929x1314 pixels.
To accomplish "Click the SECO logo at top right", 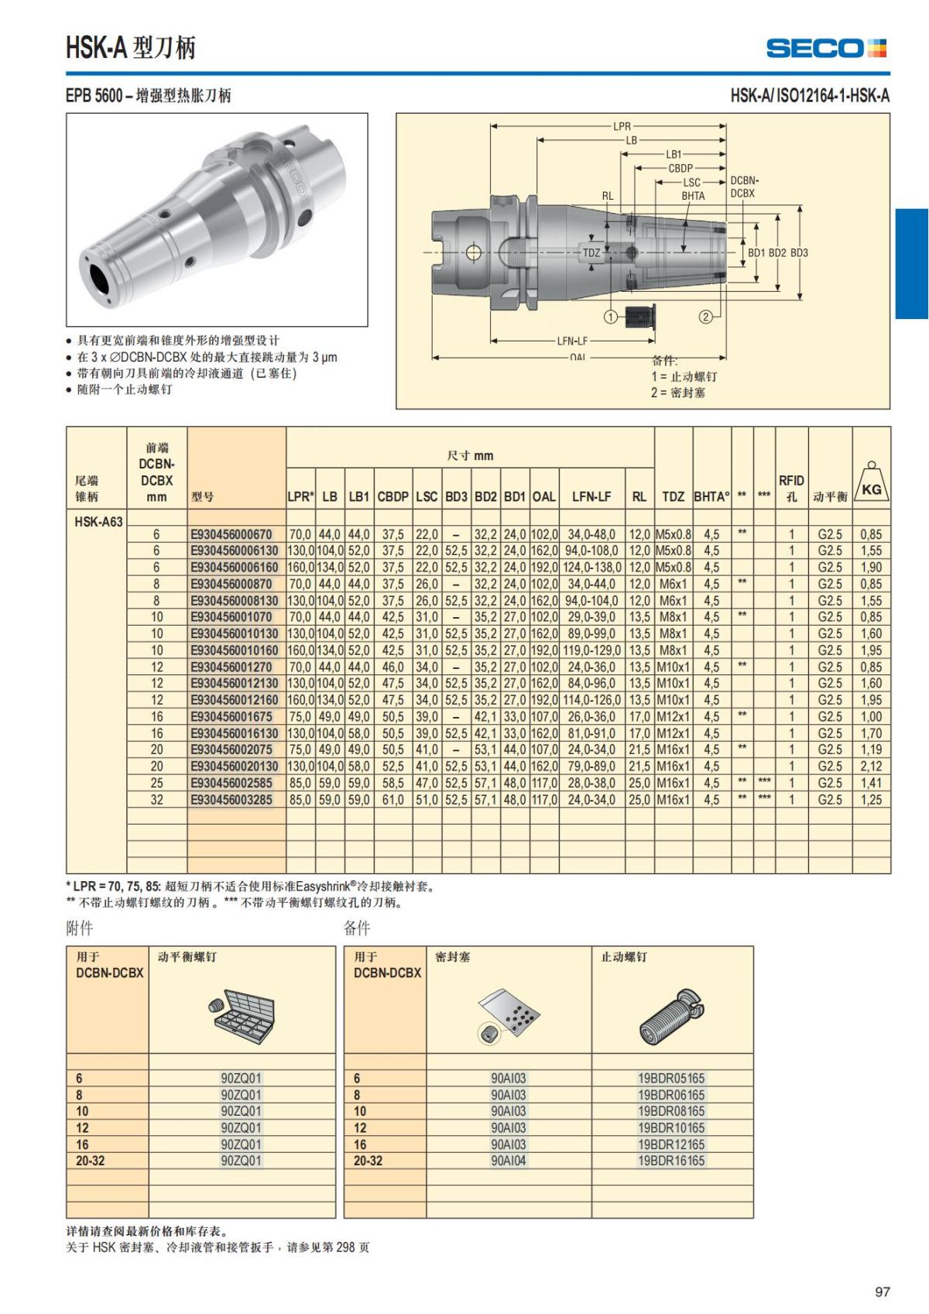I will [826, 48].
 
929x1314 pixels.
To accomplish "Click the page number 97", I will [883, 1292].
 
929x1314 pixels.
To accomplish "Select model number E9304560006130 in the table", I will [234, 551].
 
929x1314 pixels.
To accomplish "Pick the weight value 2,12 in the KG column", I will [871, 766].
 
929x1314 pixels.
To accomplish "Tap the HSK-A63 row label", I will [98, 521].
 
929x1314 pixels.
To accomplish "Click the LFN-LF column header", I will [591, 496].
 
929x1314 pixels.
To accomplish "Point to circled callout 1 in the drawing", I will [610, 317].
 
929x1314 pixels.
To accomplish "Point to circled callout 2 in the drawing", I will [705, 316].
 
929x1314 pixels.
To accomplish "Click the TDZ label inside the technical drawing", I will [591, 252].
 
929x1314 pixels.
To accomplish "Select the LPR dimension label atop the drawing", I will [622, 125].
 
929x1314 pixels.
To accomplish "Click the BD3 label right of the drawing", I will [799, 252].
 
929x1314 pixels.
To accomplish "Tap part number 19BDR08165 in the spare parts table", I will [671, 1111].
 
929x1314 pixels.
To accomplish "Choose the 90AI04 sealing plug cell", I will [509, 1161].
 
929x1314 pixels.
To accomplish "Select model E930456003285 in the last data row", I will [231, 799].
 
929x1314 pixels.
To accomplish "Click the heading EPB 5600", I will [94, 96].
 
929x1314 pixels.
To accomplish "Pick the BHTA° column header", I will [711, 496].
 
